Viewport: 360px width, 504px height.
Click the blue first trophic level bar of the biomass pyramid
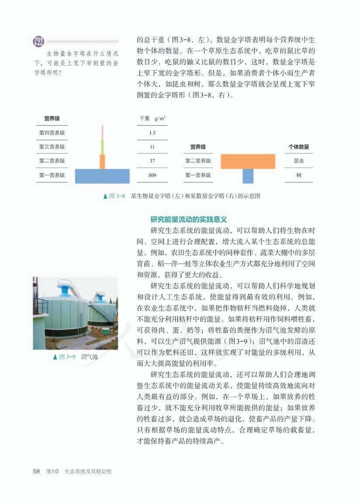[102, 176]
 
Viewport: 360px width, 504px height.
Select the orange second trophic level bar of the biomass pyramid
[102, 161]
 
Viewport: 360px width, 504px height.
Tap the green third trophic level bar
[102, 147]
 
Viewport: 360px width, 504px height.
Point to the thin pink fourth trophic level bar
[102, 132]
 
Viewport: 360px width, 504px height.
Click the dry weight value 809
[152, 176]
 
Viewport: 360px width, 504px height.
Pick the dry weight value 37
[152, 161]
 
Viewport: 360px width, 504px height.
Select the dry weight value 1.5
[152, 132]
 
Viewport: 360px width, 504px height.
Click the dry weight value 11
[152, 147]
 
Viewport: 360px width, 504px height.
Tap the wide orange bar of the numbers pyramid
[248, 161]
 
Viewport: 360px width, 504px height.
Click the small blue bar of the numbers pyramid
[248, 176]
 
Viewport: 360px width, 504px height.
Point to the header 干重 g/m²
[153, 118]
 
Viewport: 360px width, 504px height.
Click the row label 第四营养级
[52, 132]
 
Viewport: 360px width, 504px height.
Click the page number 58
[37, 471]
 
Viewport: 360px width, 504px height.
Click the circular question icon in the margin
[38, 42]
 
